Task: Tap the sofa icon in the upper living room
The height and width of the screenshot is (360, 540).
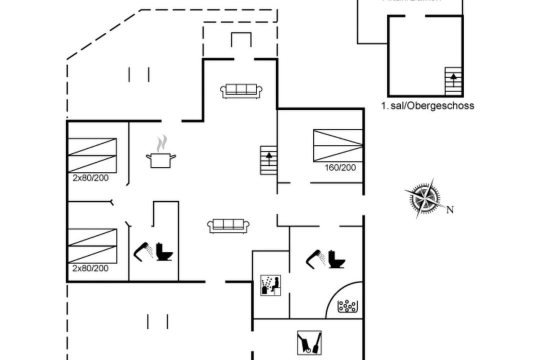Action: [241, 90]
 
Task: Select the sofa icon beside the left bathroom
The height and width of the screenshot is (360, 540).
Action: [228, 225]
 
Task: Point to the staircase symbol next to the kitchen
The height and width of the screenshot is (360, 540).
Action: [269, 160]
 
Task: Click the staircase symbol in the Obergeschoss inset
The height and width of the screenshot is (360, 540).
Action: [453, 81]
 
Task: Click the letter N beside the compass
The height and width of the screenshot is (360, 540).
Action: [450, 210]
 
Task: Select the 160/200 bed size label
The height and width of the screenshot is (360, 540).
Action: [340, 168]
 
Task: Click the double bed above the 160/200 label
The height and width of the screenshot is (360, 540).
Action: [338, 145]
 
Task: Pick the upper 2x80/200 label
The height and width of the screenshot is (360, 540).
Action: [90, 177]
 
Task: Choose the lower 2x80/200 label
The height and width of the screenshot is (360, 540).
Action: [90, 268]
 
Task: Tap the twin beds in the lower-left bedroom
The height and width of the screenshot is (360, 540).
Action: [92, 245]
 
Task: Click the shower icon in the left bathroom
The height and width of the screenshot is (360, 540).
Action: [143, 250]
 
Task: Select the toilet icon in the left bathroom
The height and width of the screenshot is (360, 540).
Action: [164, 251]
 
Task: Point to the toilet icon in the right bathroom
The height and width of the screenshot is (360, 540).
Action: [336, 258]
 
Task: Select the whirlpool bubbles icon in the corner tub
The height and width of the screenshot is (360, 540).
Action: [347, 306]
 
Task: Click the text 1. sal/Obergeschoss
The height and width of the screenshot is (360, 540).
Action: [427, 106]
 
